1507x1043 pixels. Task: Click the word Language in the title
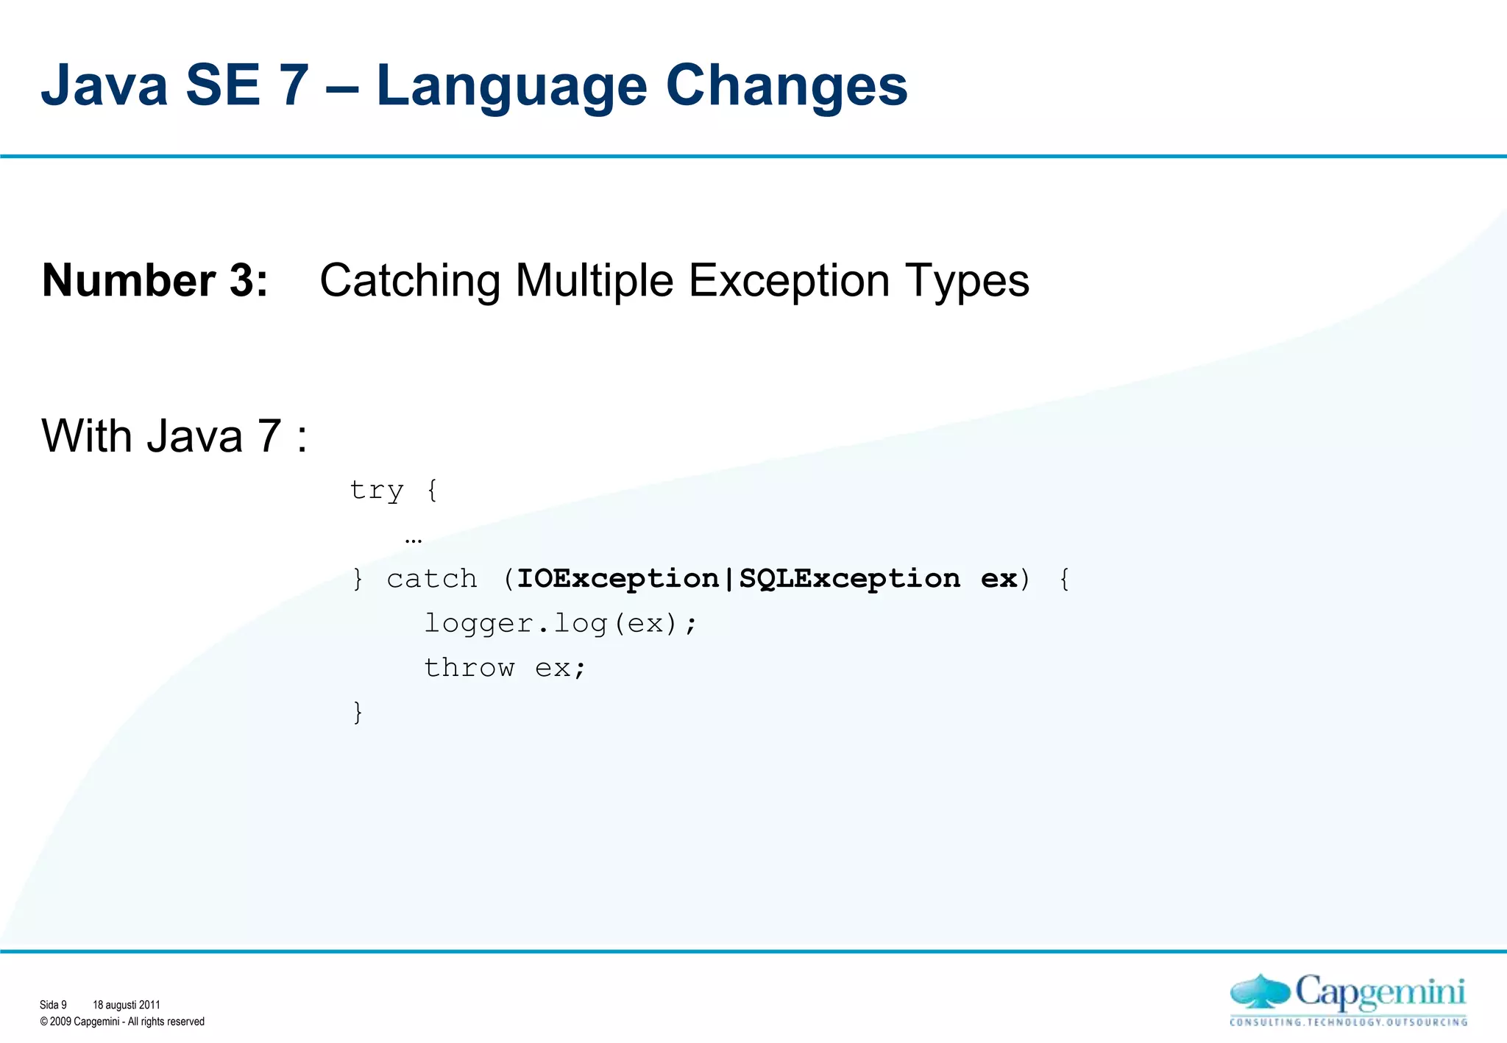(x=511, y=87)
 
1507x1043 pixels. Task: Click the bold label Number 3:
(x=155, y=280)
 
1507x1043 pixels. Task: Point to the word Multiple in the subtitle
(x=594, y=280)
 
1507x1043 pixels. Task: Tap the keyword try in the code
(x=376, y=491)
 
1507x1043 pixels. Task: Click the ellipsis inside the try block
(x=414, y=540)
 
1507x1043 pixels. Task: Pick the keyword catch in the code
(x=432, y=579)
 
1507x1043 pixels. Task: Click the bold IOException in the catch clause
(x=617, y=579)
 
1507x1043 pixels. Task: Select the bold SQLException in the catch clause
(x=849, y=579)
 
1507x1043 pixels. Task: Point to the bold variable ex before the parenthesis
(x=999, y=579)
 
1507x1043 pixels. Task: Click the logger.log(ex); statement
(x=560, y=624)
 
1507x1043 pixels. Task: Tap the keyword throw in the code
(x=469, y=668)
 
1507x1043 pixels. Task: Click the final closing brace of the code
(x=358, y=712)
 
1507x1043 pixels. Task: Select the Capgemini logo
(x=1348, y=999)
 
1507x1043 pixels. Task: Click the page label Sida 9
(x=53, y=1005)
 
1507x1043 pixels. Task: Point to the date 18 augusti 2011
(x=126, y=1005)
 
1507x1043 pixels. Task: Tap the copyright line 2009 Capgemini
(x=122, y=1022)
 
